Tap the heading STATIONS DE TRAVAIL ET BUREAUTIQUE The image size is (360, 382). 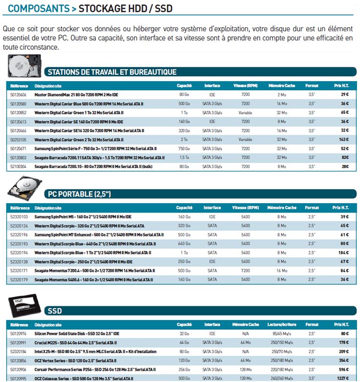112,72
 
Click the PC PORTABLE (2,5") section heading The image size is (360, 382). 79,194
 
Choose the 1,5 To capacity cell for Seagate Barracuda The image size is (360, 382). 184,157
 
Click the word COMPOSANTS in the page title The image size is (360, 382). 38,8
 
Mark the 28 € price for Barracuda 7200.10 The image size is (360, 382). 344,166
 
